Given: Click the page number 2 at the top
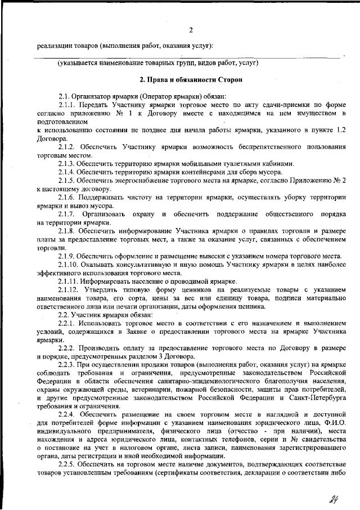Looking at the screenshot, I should tap(191, 30).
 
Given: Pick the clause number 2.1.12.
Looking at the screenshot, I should tap(70, 290).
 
